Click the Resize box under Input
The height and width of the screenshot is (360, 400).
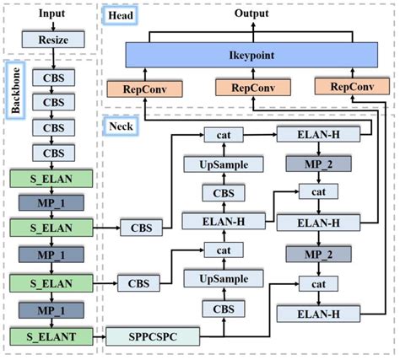pos(52,40)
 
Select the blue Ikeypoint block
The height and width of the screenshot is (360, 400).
pos(248,55)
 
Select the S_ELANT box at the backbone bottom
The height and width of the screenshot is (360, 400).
pos(52,337)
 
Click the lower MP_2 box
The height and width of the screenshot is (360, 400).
pos(317,254)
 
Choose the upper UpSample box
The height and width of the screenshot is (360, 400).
pos(224,164)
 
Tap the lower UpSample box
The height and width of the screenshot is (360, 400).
pos(224,279)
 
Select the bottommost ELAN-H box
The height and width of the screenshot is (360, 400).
pos(317,315)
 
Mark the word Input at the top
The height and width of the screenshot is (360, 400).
pos(52,14)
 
